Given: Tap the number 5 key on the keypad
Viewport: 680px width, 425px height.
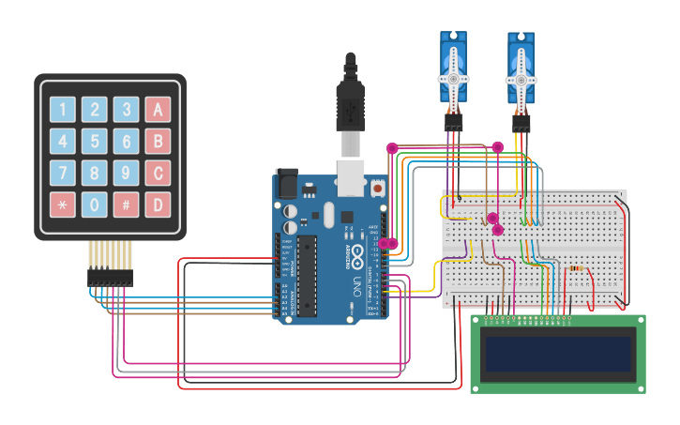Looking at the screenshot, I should point(94,142).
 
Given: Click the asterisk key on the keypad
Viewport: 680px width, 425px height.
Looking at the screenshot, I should point(62,204).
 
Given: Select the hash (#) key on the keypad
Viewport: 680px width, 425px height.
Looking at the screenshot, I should point(126,204).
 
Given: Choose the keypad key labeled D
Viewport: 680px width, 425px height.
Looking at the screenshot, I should point(158,204).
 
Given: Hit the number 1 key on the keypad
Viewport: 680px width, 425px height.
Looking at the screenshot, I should point(62,110).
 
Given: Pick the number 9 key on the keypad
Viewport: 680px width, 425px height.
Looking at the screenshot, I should point(126,173).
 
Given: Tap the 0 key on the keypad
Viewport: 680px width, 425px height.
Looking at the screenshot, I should point(94,204).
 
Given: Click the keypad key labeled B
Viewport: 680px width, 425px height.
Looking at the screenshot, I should point(158,142).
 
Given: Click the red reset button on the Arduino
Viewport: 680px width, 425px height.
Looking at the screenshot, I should point(377,189).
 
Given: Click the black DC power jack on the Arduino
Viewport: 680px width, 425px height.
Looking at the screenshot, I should point(285,185).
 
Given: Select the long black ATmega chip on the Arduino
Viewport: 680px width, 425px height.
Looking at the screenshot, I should point(307,276).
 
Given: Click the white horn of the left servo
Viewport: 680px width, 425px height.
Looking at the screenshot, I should point(453,79).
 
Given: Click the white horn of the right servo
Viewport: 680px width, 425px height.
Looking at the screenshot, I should point(521,81).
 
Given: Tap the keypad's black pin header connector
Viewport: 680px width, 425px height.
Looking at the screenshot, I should point(110,278).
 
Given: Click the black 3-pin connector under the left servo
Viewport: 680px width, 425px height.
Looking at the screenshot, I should point(453,122).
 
